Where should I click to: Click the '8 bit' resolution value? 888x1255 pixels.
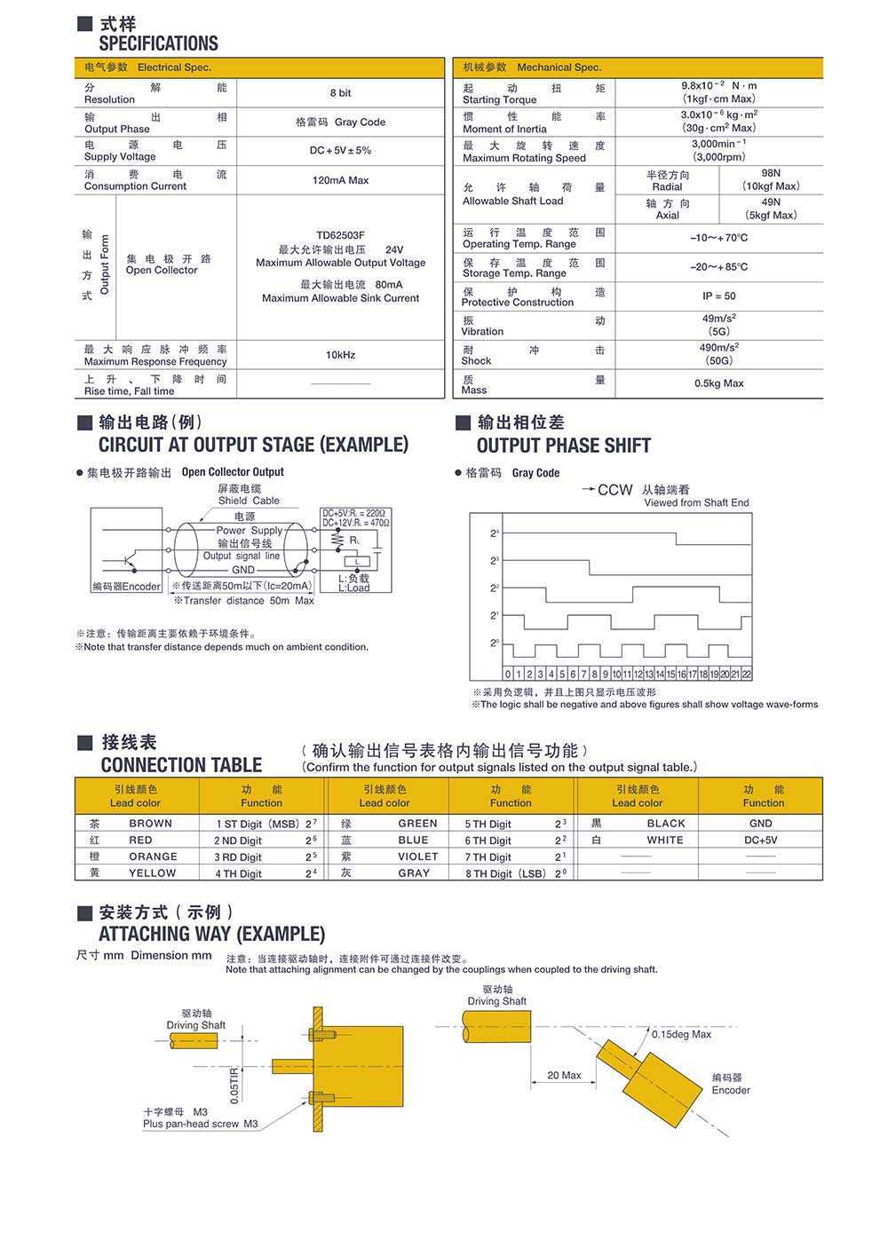point(340,93)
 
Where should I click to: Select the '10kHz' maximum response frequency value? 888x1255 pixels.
point(340,355)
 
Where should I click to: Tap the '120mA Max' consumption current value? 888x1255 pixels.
point(340,180)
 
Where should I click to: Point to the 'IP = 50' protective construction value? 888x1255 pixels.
point(718,296)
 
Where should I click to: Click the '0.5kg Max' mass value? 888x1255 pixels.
point(718,383)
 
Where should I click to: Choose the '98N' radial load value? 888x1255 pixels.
point(771,174)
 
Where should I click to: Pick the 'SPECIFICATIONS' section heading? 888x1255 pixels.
point(158,43)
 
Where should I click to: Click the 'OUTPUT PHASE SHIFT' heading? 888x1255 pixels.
point(563,446)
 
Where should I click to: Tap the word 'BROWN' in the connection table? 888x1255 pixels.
point(150,824)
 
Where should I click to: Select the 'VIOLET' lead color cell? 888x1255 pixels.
point(417,856)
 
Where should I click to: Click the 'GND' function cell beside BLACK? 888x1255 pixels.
point(761,824)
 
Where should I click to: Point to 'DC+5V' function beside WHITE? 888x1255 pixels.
point(761,840)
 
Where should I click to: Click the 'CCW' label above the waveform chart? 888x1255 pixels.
point(614,490)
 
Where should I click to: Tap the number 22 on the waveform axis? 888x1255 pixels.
point(747,675)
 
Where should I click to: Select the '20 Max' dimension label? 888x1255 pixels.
point(564,1076)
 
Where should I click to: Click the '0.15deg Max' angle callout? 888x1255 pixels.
point(681,1035)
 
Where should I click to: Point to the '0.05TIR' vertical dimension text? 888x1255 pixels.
point(234,1085)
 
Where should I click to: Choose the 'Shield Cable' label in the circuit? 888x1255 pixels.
point(249,501)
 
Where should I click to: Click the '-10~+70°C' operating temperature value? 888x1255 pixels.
point(718,238)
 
